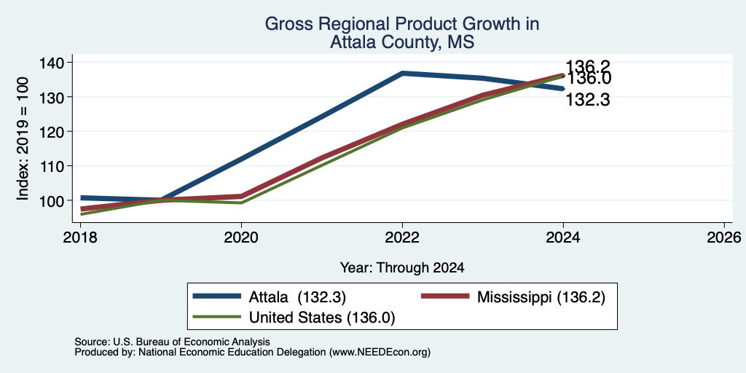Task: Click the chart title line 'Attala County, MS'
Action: click(x=402, y=42)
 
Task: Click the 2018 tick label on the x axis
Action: click(x=80, y=237)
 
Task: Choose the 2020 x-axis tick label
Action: click(x=241, y=237)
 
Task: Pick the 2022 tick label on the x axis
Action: click(x=402, y=237)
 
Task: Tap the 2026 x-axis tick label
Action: click(x=724, y=237)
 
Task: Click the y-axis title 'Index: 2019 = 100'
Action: click(x=23, y=138)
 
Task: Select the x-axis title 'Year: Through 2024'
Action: click(x=402, y=268)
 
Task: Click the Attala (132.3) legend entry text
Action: click(x=297, y=297)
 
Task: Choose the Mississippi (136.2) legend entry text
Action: click(x=541, y=297)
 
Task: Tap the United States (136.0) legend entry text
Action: click(x=322, y=318)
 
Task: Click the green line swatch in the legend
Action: click(x=216, y=317)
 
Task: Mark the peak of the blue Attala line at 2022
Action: click(x=402, y=74)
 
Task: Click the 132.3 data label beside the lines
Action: click(x=588, y=100)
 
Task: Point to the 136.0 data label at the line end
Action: click(x=589, y=79)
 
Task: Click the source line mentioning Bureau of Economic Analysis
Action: click(x=172, y=342)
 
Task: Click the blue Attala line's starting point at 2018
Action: click(x=81, y=197)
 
